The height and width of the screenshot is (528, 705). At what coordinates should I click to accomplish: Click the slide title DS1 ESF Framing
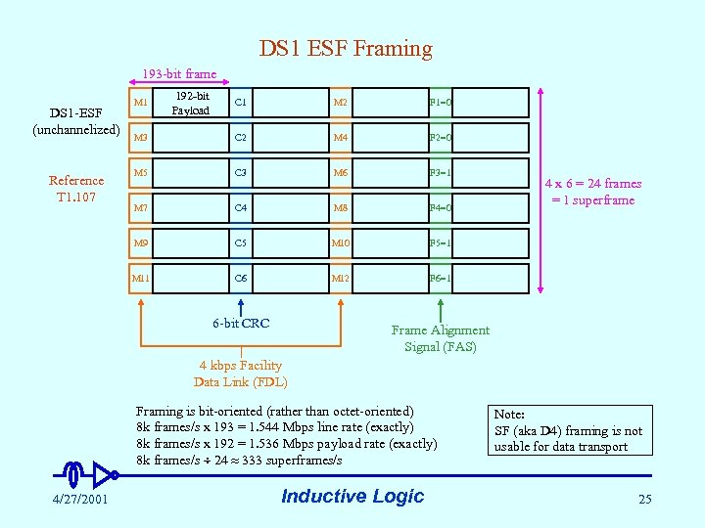pyautogui.click(x=346, y=48)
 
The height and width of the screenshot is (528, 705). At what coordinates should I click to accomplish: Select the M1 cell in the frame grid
pyautogui.click(x=141, y=102)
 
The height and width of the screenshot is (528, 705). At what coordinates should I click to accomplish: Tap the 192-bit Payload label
pyautogui.click(x=192, y=103)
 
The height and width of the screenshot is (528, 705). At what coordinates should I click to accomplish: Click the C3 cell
pyautogui.click(x=241, y=172)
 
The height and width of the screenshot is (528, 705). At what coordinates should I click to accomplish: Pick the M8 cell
pyautogui.click(x=340, y=207)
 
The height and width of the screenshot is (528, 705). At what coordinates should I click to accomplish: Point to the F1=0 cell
pyautogui.click(x=440, y=102)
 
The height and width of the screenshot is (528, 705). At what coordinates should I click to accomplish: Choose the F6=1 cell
pyautogui.click(x=440, y=278)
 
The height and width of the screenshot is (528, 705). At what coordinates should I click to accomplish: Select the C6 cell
pyautogui.click(x=241, y=278)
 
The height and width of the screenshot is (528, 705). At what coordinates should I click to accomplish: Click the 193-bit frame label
pyautogui.click(x=179, y=73)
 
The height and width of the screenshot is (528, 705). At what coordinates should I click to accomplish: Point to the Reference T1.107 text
pyautogui.click(x=76, y=188)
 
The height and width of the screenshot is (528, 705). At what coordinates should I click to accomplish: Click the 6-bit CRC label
pyautogui.click(x=241, y=324)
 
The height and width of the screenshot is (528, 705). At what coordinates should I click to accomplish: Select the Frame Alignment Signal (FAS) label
pyautogui.click(x=440, y=338)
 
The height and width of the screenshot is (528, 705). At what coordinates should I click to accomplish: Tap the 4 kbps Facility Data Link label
pyautogui.click(x=241, y=374)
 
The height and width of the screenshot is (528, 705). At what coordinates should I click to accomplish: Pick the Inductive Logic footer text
pyautogui.click(x=352, y=496)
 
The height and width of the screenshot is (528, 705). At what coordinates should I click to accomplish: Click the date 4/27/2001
pyautogui.click(x=81, y=500)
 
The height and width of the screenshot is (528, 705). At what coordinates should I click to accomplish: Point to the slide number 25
pyautogui.click(x=644, y=500)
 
